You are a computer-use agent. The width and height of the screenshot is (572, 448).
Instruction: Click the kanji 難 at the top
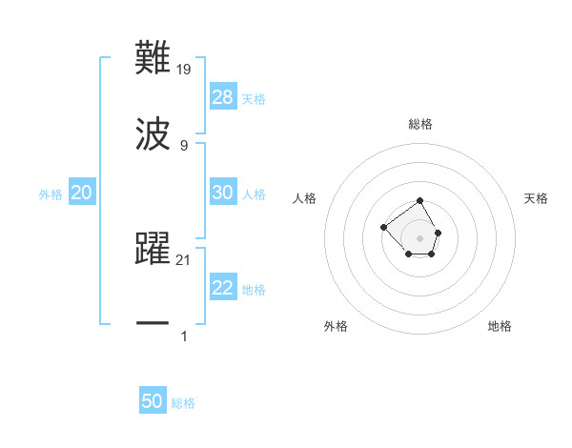click(x=153, y=58)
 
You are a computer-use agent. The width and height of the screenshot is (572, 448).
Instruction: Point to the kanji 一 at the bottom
click(x=153, y=323)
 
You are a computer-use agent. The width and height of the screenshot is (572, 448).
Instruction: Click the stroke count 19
click(x=185, y=69)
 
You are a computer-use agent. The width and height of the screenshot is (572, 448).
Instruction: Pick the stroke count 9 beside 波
click(x=184, y=145)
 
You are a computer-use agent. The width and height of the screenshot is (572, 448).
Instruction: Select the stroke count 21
click(x=185, y=259)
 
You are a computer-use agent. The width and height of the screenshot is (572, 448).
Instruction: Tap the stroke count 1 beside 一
click(x=184, y=336)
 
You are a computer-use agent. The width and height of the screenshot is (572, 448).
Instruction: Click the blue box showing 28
click(x=223, y=97)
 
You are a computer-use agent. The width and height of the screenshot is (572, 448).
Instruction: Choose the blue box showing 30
click(x=223, y=193)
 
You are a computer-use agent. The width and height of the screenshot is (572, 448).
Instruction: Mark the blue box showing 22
click(x=223, y=288)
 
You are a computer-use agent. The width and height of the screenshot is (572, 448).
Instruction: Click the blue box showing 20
click(x=82, y=193)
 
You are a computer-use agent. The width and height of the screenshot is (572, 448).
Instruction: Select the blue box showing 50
click(x=153, y=401)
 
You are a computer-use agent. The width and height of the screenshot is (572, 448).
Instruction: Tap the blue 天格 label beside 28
click(x=254, y=99)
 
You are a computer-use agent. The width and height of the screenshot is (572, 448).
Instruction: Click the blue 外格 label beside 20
click(x=51, y=194)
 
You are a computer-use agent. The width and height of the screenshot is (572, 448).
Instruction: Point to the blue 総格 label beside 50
click(x=183, y=403)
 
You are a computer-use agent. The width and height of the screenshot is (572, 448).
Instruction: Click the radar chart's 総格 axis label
click(x=420, y=124)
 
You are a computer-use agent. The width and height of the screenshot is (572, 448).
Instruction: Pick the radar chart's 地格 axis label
click(x=500, y=326)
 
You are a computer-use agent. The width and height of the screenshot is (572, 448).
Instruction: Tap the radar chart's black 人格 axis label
click(x=304, y=198)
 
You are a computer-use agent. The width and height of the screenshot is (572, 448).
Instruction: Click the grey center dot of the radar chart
click(x=420, y=237)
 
